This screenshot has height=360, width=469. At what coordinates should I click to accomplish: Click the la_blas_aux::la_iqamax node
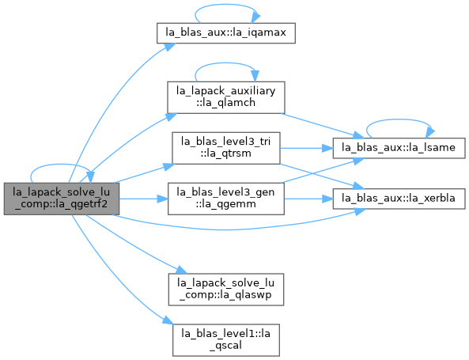[226, 33]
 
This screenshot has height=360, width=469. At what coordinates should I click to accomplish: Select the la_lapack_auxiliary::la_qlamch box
[226, 97]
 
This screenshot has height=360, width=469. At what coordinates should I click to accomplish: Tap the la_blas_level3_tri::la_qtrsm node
[226, 148]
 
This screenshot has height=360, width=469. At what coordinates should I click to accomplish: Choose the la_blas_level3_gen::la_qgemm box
[226, 199]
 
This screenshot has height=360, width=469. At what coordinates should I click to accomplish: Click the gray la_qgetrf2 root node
[62, 199]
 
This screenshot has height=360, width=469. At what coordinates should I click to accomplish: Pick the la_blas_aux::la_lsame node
[399, 148]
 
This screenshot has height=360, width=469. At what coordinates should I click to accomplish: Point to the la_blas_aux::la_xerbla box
[399, 199]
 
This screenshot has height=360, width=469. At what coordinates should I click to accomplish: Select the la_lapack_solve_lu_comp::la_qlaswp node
[226, 290]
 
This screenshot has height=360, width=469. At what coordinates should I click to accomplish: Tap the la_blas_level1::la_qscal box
[226, 340]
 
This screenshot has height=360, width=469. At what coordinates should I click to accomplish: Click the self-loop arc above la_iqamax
[226, 5]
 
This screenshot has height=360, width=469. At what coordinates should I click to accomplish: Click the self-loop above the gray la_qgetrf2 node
[62, 165]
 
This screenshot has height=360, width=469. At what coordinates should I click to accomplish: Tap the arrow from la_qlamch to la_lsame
[323, 126]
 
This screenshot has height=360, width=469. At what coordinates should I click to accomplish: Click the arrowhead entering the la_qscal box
[168, 320]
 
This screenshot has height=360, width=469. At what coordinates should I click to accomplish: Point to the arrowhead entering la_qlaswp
[181, 270]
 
